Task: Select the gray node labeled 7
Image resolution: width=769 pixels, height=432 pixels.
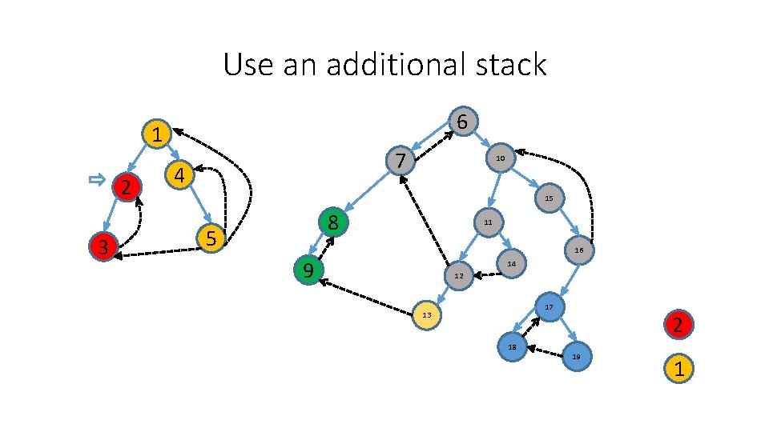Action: pos(400,161)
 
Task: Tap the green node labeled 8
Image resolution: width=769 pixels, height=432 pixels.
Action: pos(334,222)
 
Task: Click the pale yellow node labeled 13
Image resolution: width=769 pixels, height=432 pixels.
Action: pos(426,314)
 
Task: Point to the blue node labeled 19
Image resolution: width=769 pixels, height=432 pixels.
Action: pos(576,356)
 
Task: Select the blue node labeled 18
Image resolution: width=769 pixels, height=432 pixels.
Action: pos(512,346)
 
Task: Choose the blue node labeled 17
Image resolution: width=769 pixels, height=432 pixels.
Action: pos(550,307)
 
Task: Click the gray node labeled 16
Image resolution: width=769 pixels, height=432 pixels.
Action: pos(578,250)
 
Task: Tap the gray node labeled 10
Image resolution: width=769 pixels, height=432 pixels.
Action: pos(500,158)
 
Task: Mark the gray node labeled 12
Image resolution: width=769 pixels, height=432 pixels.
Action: pos(459,276)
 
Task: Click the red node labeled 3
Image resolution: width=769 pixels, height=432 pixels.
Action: pos(103,246)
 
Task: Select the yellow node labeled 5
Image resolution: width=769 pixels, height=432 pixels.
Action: pos(211,238)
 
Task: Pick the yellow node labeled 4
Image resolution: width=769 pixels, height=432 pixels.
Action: pos(179,174)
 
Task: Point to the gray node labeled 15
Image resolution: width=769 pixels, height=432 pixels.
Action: pos(549,197)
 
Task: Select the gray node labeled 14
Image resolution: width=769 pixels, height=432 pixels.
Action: pos(512,262)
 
